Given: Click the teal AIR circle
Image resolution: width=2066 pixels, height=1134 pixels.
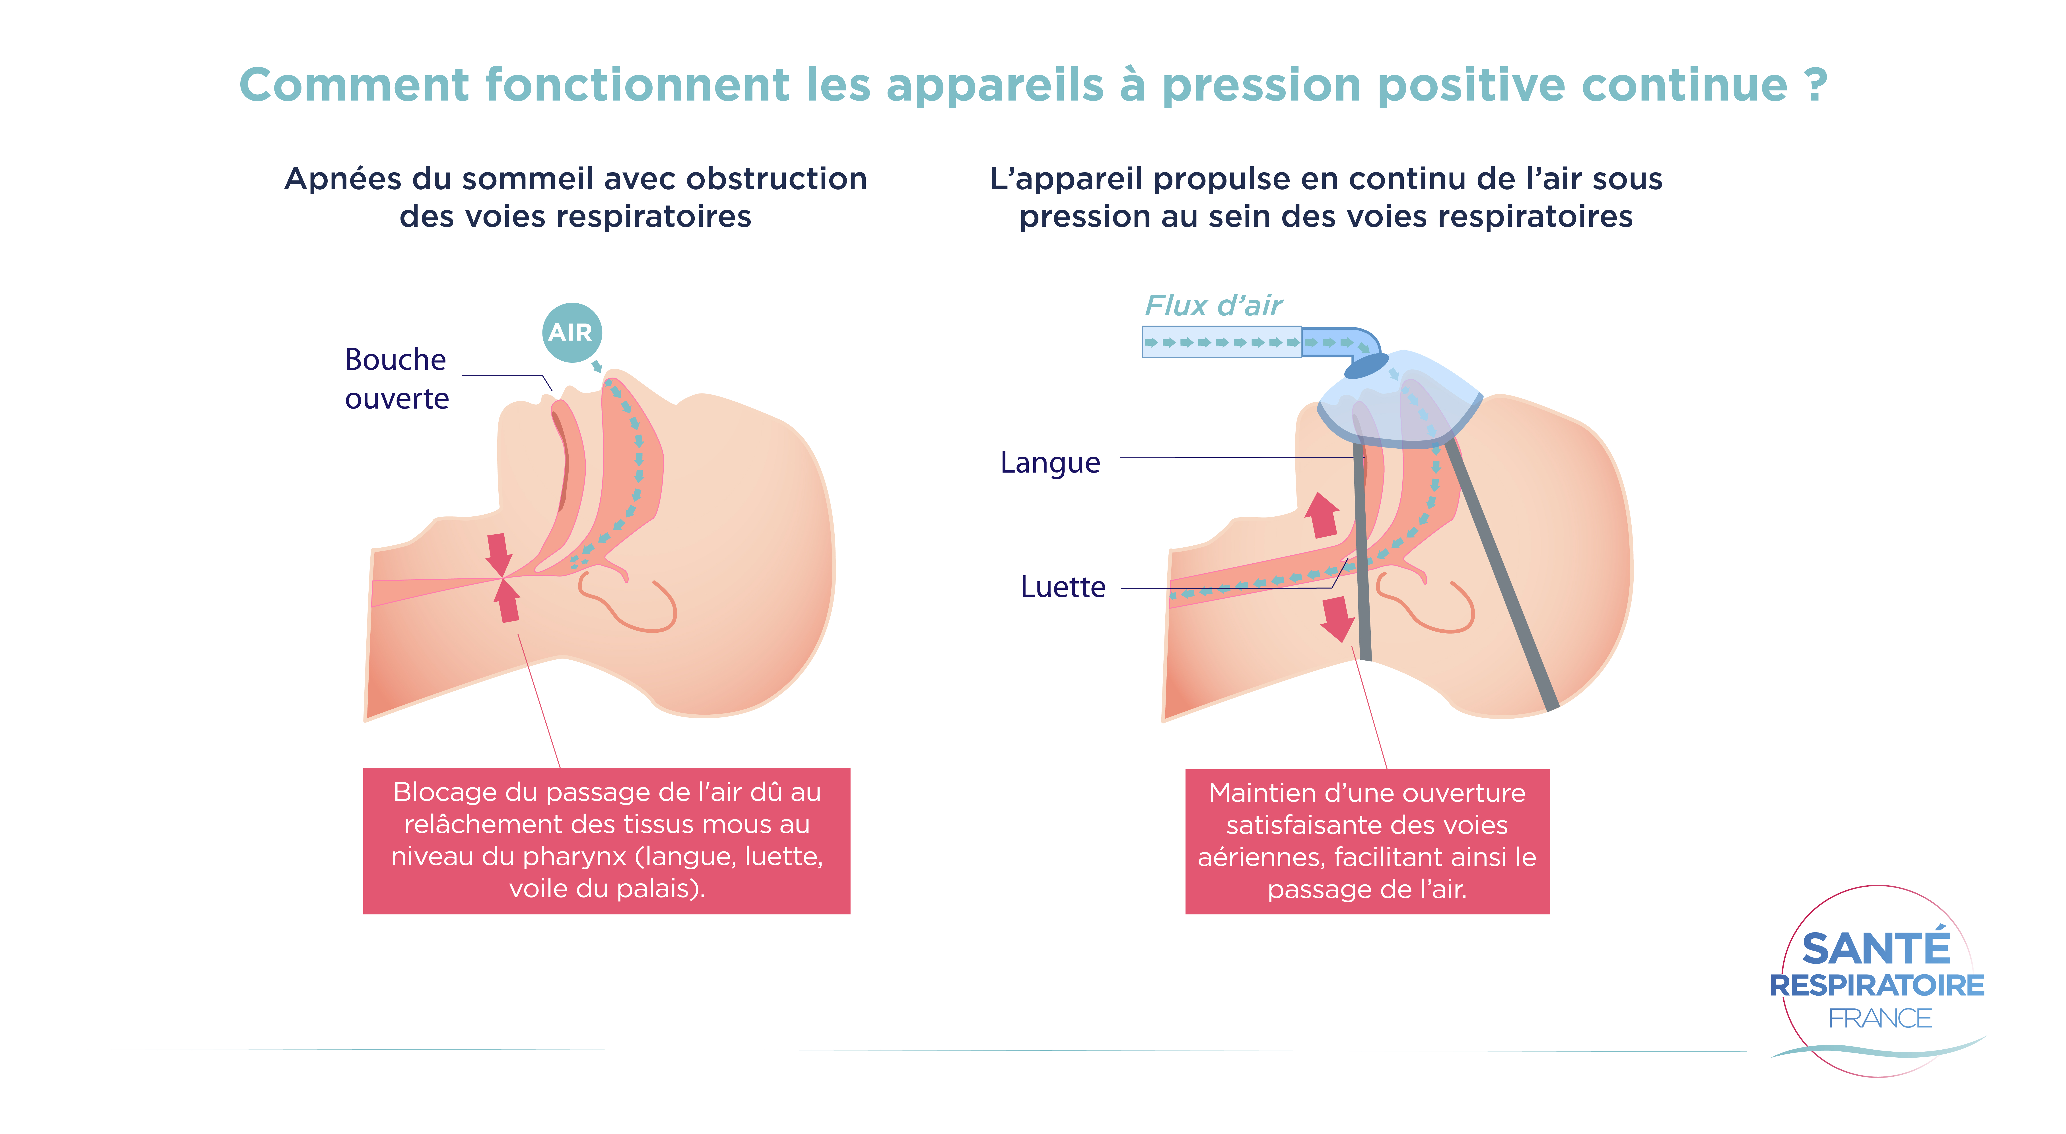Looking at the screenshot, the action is pos(571,332).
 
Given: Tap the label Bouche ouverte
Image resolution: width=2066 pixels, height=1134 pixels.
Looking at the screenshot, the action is pos(396,378).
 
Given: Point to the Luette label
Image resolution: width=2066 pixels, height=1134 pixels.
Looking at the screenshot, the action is pos(1063,587).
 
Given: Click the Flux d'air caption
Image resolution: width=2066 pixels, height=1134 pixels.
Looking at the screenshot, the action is pos(1213,306).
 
